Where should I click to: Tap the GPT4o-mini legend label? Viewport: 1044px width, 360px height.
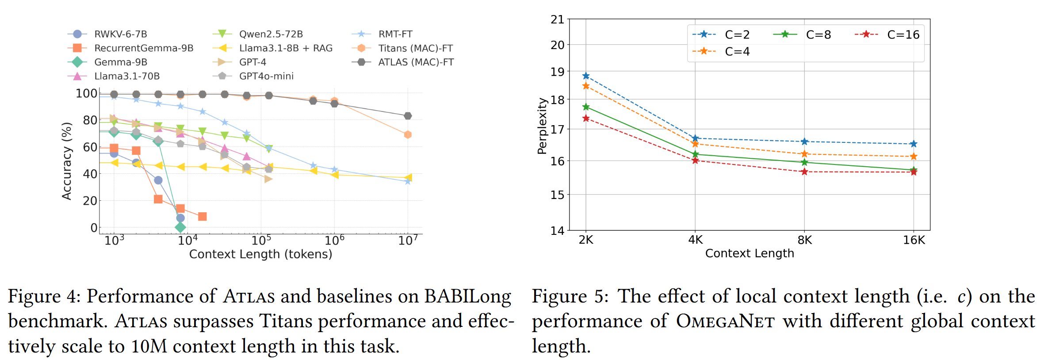click(x=266, y=76)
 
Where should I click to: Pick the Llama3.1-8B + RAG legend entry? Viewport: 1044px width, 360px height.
click(x=286, y=48)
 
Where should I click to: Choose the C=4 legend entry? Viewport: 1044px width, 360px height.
click(x=737, y=51)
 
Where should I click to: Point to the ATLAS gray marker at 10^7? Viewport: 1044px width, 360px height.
click(x=408, y=116)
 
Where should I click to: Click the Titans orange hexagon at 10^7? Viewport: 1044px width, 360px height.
click(x=408, y=134)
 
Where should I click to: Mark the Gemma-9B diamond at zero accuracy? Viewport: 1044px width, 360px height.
click(x=180, y=227)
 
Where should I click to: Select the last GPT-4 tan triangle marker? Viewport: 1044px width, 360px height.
click(x=268, y=179)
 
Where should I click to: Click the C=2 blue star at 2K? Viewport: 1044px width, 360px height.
click(x=586, y=76)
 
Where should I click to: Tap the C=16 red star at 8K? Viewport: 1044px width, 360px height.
click(x=804, y=172)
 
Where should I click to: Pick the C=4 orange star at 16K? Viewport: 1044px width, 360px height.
click(x=914, y=157)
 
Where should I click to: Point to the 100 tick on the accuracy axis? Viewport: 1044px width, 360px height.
click(x=86, y=93)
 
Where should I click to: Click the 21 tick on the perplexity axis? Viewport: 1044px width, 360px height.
click(x=557, y=19)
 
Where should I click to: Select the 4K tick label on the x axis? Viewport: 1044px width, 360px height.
click(x=695, y=240)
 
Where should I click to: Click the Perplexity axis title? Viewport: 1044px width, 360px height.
click(x=542, y=126)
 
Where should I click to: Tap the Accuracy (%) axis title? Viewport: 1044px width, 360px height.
click(x=67, y=161)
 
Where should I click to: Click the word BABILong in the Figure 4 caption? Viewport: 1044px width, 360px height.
click(x=468, y=296)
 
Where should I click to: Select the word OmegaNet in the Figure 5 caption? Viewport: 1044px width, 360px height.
click(x=725, y=321)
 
